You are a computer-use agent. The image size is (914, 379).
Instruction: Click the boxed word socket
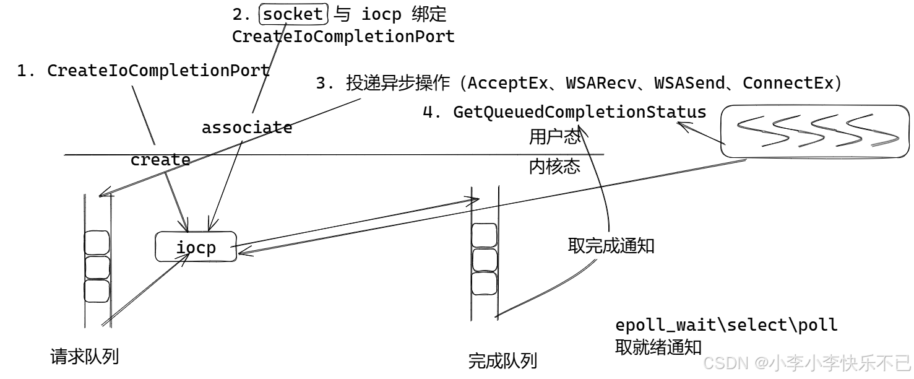pyautogui.click(x=293, y=14)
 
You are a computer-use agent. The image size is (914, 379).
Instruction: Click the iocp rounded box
pyautogui.click(x=196, y=248)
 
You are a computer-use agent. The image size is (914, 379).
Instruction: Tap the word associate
pyautogui.click(x=247, y=128)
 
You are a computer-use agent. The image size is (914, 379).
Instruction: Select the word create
pyautogui.click(x=160, y=160)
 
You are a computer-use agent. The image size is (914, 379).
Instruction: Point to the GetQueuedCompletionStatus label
pyautogui.click(x=579, y=112)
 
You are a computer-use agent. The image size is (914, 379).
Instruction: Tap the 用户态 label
pyautogui.click(x=554, y=136)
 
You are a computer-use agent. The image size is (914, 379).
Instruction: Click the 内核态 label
pyautogui.click(x=554, y=167)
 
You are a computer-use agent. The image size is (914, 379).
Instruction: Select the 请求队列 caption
pyautogui.click(x=84, y=357)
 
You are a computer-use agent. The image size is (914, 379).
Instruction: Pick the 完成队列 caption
pyautogui.click(x=502, y=360)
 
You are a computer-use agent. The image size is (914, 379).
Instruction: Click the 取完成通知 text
pyautogui.click(x=611, y=246)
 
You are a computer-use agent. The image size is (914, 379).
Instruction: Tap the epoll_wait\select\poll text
pyautogui.click(x=726, y=325)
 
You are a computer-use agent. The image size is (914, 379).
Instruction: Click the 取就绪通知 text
pyautogui.click(x=658, y=347)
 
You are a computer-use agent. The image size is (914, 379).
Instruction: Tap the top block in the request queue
pyautogui.click(x=97, y=243)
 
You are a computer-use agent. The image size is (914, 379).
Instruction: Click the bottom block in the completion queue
pyautogui.click(x=484, y=284)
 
